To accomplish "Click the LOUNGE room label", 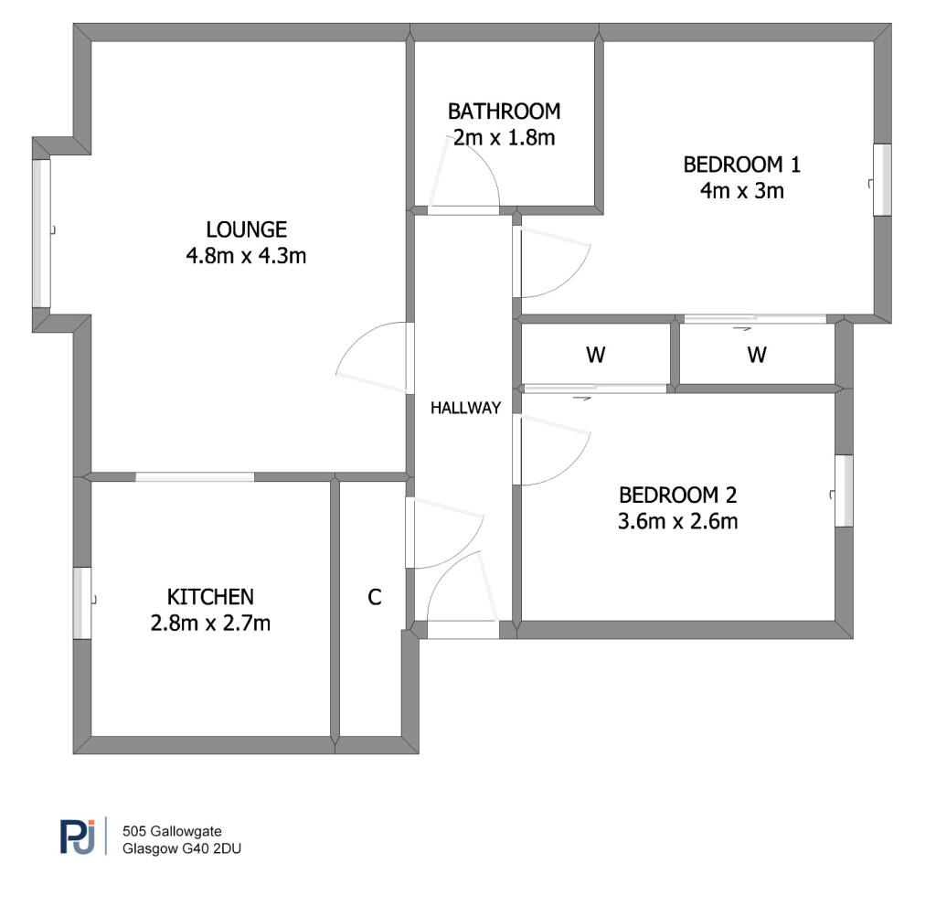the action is click(x=246, y=229).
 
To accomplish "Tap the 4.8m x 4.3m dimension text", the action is click(x=246, y=256).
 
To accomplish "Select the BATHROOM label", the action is click(x=505, y=112).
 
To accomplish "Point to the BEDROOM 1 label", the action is click(x=741, y=165).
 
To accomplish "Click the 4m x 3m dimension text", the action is click(x=742, y=190).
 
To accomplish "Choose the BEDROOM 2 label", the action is click(x=677, y=496).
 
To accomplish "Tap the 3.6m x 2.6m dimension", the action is click(x=677, y=521).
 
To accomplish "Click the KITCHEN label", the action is click(x=210, y=597).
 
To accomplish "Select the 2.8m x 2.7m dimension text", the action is click(x=210, y=623).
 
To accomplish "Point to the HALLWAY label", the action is click(x=465, y=408).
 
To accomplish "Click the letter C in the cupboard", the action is click(x=374, y=597).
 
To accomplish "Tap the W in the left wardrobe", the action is click(x=596, y=355).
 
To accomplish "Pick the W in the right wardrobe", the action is click(x=757, y=355).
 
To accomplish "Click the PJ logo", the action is click(x=78, y=837).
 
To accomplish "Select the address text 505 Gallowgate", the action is click(x=172, y=831).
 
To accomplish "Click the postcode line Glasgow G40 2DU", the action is click(x=182, y=848).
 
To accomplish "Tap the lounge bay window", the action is click(x=41, y=233).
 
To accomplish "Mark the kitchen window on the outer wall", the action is click(x=82, y=603).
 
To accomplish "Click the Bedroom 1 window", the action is click(x=882, y=180).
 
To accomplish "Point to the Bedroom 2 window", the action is click(x=844, y=491).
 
